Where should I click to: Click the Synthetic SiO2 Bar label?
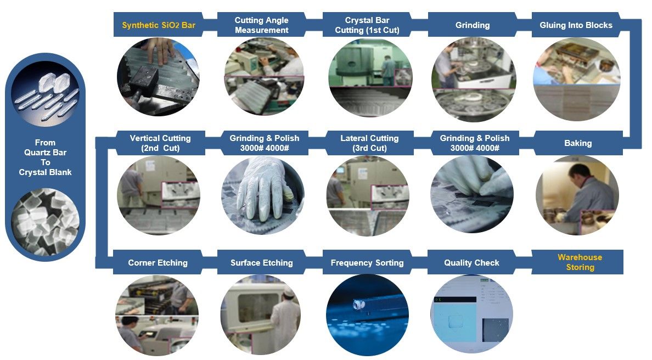tap(159, 25)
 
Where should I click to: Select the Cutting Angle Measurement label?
tap(262, 25)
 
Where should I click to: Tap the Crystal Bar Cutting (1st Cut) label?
tap(367, 25)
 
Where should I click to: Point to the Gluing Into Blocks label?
tap(576, 25)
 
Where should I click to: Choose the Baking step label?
tap(578, 143)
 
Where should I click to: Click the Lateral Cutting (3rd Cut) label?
tap(369, 143)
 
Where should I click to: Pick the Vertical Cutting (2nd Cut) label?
tap(160, 143)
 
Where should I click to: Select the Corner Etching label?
tap(158, 263)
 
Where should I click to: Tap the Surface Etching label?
tap(262, 263)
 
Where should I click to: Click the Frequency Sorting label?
tap(367, 263)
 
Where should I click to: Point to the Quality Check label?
tap(471, 263)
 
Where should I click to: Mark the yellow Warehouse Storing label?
tap(580, 262)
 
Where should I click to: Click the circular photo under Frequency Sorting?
tap(367, 315)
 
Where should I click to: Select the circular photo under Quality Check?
tap(471, 315)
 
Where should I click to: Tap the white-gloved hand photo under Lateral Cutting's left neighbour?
tap(263, 195)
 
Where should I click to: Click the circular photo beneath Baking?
tap(577, 195)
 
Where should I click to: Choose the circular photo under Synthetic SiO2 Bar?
tap(158, 77)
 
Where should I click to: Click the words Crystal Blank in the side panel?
tap(45, 172)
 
